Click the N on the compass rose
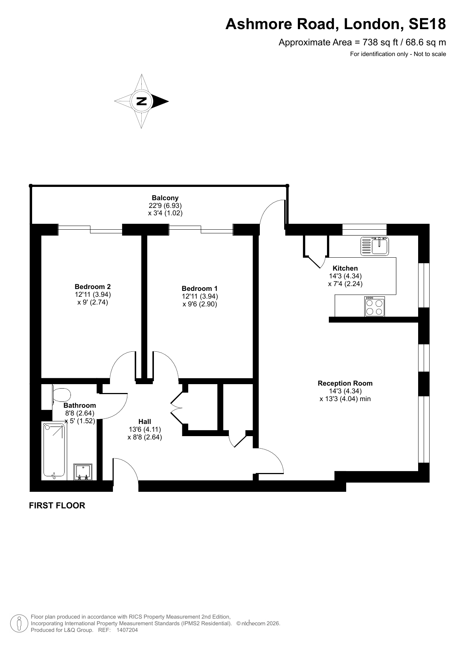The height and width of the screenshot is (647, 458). coord(141,101)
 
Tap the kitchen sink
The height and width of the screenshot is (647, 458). coord(375,246)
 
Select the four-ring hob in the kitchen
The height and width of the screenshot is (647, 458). coord(375,306)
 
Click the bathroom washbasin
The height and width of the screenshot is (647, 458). coord(83,472)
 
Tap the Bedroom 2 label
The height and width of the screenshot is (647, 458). coord(93,286)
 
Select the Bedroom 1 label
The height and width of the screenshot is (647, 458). coord(200,288)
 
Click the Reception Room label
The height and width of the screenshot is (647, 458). coord(345,383)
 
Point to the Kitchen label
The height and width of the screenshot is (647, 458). coord(345,268)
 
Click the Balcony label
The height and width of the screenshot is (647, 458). coord(165,198)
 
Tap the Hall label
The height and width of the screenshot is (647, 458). coord(145,421)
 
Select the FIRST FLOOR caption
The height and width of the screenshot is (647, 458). coord(57,505)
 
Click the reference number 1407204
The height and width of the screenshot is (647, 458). coord(127,630)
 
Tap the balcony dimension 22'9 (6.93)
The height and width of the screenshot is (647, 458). coord(165,205)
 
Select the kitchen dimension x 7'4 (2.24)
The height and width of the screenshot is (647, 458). coord(345,284)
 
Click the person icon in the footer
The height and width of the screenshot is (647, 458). coord(18,623)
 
